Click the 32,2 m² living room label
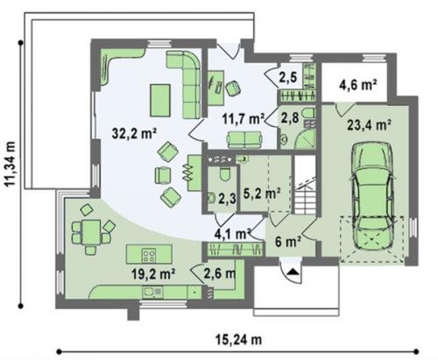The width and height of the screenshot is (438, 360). pos(135,134)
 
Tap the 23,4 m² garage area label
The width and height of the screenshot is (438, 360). pos(370,125)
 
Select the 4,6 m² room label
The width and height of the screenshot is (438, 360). pos(358,86)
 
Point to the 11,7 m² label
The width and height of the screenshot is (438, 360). pos(244,119)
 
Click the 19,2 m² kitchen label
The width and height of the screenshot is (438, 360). pos(153,274)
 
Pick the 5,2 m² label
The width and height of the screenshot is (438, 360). pos(262,194)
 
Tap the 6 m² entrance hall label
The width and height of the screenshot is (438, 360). pos(287,242)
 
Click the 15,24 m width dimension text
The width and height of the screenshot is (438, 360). pos(238,340)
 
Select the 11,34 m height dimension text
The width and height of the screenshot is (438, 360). pos(11,163)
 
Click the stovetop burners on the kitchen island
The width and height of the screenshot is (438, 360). pos(149,255)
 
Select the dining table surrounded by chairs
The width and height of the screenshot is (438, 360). pos(91,232)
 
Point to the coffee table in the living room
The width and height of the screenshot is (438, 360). pos(160,100)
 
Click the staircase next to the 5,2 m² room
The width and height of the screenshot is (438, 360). pos(305,185)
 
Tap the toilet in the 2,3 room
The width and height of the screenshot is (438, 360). pos(225,175)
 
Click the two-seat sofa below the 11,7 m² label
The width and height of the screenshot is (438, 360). pos(244,139)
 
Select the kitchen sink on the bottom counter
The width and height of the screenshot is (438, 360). pos(152,293)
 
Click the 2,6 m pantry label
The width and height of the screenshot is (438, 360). pos(220,273)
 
